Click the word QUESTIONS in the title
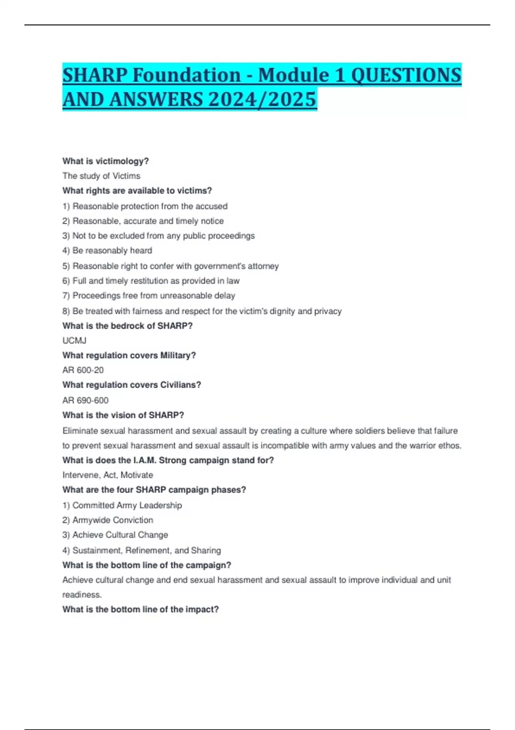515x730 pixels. [406, 76]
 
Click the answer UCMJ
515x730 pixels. [74, 341]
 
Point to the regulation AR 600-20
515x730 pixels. [83, 370]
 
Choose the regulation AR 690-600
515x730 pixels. [85, 400]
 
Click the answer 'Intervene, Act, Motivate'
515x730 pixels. [108, 475]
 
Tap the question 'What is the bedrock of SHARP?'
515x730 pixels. [127, 326]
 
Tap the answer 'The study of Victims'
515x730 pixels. [101, 176]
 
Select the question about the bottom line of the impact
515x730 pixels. [140, 609]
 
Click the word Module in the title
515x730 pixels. [293, 76]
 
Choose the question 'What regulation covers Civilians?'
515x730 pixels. [131, 385]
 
